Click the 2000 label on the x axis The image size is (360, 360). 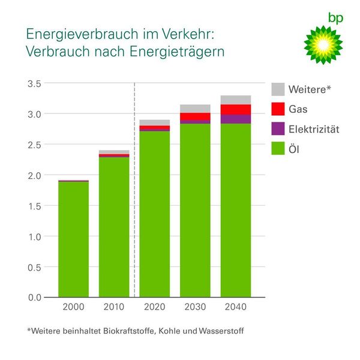(x=73, y=307)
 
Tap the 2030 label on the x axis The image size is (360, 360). (x=195, y=307)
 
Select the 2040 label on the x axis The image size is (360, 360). (x=236, y=307)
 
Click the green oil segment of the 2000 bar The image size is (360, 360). (x=73, y=240)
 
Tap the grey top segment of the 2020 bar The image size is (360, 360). (x=155, y=122)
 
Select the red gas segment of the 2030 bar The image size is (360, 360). (x=195, y=116)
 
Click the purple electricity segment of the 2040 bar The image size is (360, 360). (x=236, y=119)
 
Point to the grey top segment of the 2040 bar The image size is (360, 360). (x=236, y=100)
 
